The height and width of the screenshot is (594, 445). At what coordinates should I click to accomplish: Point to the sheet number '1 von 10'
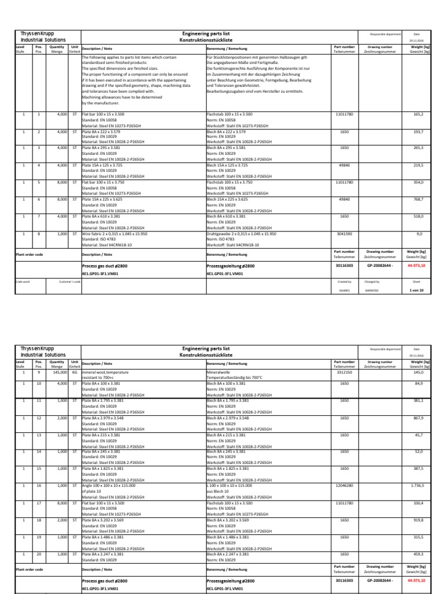click(417, 288)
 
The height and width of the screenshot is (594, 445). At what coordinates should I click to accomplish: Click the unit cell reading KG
click(75, 373)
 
